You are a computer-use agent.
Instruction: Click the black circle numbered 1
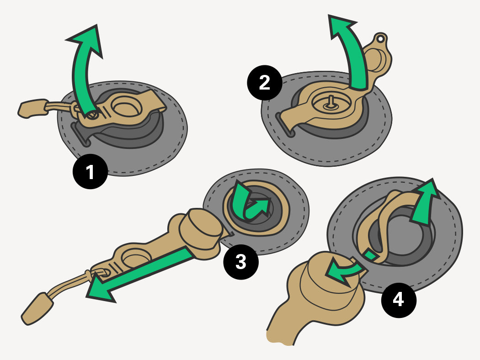(90, 172)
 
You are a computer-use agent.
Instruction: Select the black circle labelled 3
(240, 262)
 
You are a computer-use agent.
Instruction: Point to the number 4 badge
(398, 300)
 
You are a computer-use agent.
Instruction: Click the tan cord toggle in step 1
(32, 109)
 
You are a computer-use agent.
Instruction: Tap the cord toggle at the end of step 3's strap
(36, 308)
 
